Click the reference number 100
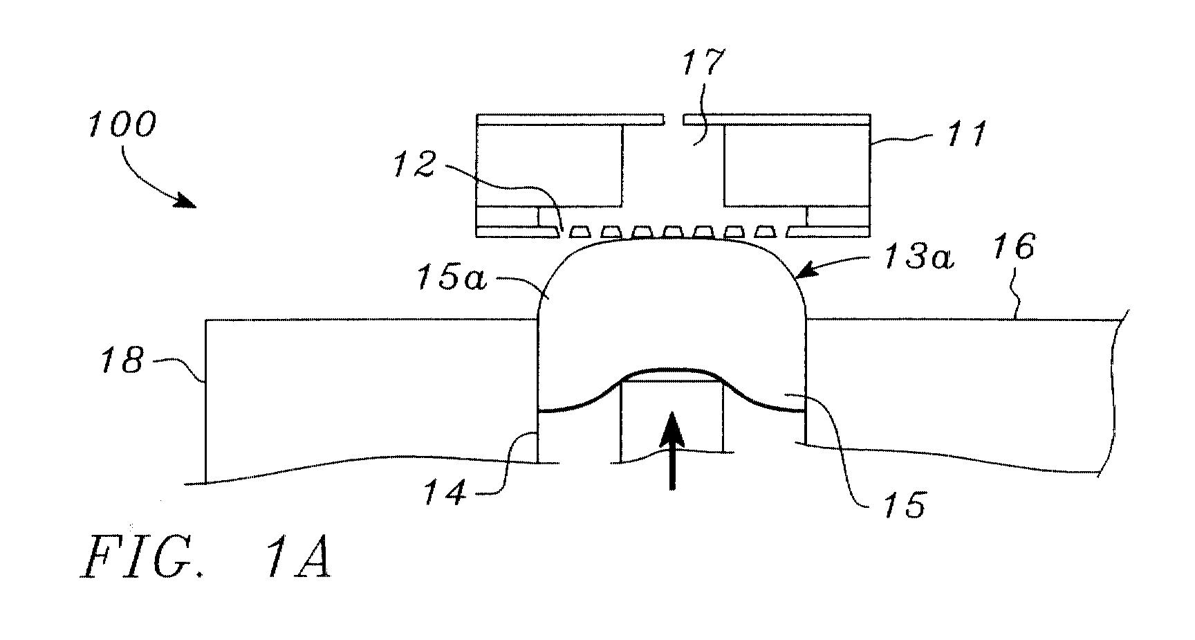click(122, 126)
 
